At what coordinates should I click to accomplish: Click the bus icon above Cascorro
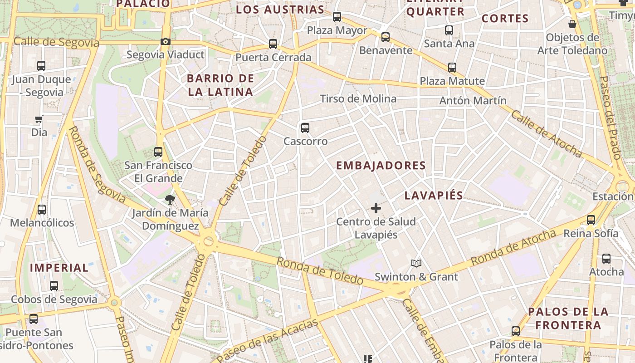point(305,128)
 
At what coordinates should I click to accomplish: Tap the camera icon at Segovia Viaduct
point(166,42)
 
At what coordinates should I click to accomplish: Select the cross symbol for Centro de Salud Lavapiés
point(376,208)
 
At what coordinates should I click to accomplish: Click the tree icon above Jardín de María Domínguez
point(170,199)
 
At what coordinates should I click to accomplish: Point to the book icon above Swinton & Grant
point(416,263)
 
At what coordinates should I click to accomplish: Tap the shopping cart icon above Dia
point(39,119)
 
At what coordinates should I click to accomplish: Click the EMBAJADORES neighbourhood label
point(381,166)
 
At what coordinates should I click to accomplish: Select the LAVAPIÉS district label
point(434,196)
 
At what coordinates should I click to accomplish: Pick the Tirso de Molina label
point(358,98)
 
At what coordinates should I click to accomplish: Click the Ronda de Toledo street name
point(320,271)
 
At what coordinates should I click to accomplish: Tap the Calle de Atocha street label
point(546,133)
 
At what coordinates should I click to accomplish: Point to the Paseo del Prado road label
point(610,117)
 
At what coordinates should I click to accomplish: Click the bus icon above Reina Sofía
point(591,220)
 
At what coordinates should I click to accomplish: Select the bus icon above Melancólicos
point(42,210)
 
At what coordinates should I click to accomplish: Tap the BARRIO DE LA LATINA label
point(220,85)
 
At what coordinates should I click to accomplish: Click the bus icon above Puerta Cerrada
point(273,44)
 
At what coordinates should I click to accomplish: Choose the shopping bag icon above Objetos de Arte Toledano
point(572,24)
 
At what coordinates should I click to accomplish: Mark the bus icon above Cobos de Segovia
point(54,286)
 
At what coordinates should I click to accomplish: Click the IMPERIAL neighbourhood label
point(59,268)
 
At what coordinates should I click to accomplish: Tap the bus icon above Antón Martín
point(452,68)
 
